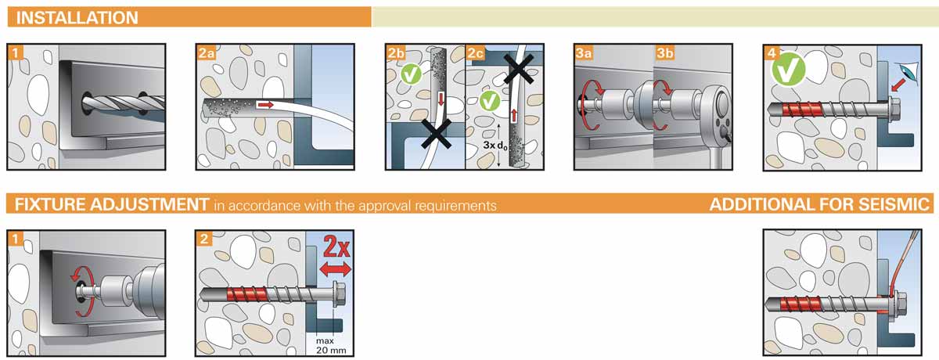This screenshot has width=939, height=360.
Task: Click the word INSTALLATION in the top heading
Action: (x=77, y=18)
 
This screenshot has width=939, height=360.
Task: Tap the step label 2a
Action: (x=207, y=52)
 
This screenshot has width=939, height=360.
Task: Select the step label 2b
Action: (x=396, y=52)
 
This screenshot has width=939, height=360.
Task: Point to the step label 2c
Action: (x=476, y=52)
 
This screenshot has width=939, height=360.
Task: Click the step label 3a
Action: (x=584, y=52)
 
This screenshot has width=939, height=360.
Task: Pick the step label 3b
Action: (x=665, y=52)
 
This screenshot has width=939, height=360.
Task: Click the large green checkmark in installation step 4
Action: (x=788, y=69)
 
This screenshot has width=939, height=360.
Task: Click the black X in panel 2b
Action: (x=437, y=134)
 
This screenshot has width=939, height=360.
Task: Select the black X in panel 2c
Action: (x=518, y=68)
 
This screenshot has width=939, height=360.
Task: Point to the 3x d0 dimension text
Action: (x=495, y=145)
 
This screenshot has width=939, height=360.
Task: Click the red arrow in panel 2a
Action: (x=265, y=104)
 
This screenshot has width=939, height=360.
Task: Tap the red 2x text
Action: (x=336, y=247)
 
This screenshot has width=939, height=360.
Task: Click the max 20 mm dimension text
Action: (x=331, y=346)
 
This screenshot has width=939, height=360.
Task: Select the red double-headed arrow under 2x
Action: (x=336, y=269)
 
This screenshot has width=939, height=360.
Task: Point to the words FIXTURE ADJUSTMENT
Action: (x=112, y=204)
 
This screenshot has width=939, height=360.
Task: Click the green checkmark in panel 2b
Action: (x=411, y=74)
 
